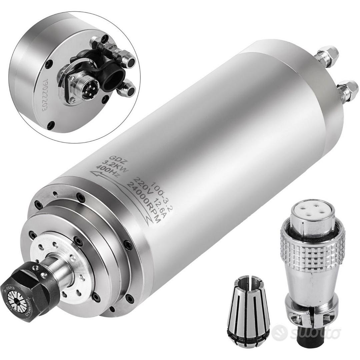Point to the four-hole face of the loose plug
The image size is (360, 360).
[x=312, y=211]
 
